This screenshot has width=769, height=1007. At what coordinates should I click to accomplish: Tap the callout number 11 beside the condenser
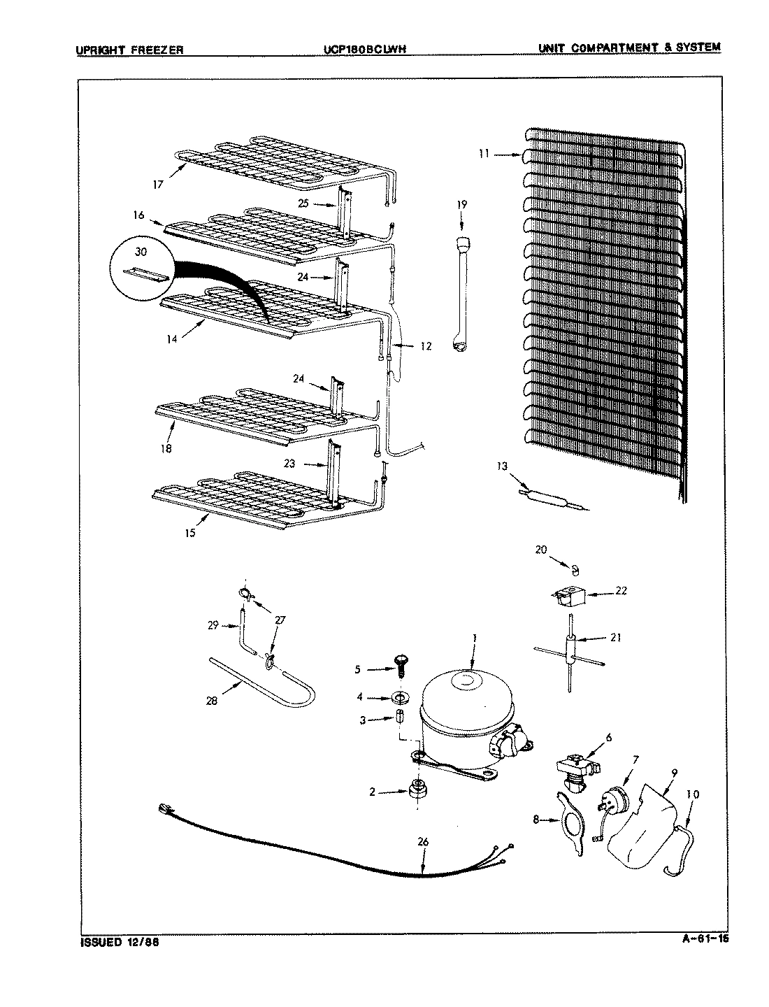point(484,155)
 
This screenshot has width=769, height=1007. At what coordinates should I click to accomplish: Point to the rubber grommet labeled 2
point(417,791)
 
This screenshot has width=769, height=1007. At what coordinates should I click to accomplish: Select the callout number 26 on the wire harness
point(422,842)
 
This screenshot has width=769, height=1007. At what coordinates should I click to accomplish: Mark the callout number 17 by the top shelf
point(158,185)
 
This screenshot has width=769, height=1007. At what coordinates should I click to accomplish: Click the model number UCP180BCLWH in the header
point(365,49)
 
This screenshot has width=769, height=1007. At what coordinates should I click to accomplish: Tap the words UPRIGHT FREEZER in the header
point(129,49)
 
